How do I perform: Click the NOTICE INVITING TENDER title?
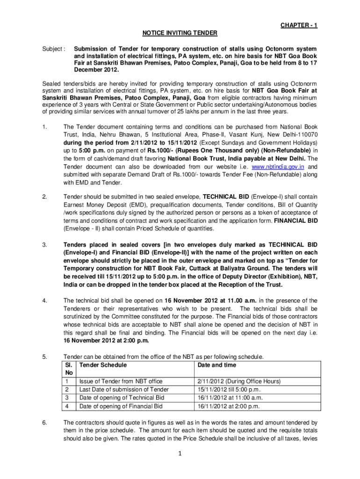pos(180,33)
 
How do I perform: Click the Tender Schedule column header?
pos(103,365)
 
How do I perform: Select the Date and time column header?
pos(217,365)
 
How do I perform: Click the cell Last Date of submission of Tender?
pos(124,390)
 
